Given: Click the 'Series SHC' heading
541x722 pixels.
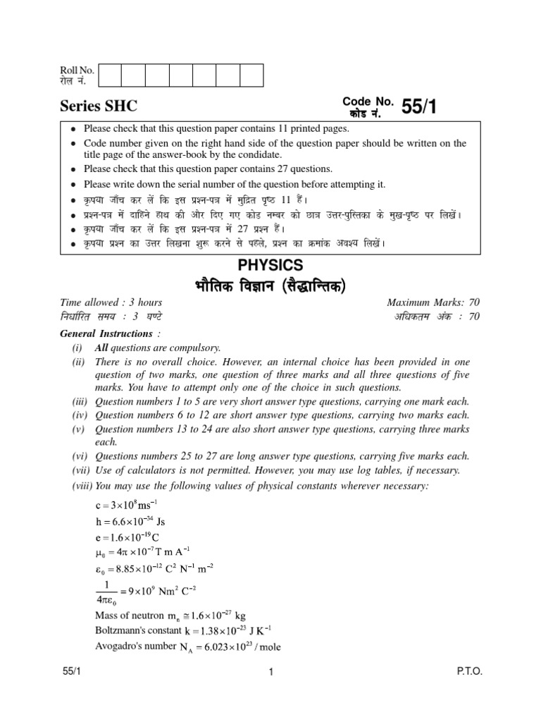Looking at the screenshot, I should pos(98,106).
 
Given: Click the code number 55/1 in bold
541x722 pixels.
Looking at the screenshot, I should pos(423,106).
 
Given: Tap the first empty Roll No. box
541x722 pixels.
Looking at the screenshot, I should pos(110,75).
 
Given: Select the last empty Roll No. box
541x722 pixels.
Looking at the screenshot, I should pos(251,75).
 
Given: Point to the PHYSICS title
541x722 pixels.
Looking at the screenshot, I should pos(270,265).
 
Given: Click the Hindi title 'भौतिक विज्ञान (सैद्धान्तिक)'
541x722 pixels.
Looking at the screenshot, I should pos(270,286).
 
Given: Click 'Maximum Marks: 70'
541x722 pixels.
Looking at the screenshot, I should pos(433,302).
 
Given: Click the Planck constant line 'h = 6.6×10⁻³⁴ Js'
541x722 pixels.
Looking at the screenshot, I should pos(130,522).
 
